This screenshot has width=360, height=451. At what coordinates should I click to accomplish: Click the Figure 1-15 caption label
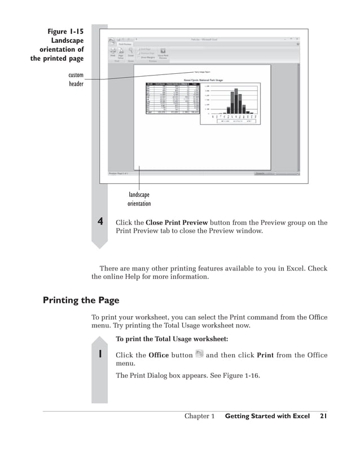[x=65, y=32]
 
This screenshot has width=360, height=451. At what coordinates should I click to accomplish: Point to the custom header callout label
[x=76, y=79]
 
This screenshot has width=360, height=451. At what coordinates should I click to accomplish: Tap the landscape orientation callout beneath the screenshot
[x=139, y=199]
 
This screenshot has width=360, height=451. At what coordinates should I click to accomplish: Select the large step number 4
[x=100, y=222]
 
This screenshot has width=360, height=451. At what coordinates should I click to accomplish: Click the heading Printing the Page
[x=81, y=300]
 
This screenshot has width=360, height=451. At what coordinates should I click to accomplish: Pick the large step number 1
[x=100, y=355]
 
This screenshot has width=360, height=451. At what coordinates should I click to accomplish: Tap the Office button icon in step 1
[x=199, y=353]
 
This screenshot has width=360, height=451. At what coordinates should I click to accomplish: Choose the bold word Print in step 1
[x=266, y=355]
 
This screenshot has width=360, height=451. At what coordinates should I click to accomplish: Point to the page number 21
[x=323, y=417]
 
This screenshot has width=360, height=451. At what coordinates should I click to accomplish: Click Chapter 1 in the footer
[x=199, y=417]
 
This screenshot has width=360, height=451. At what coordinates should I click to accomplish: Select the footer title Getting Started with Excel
[x=267, y=417]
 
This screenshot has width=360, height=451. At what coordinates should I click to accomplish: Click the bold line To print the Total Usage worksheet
[x=172, y=339]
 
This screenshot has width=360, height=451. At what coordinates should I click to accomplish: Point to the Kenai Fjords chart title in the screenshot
[x=202, y=79]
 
